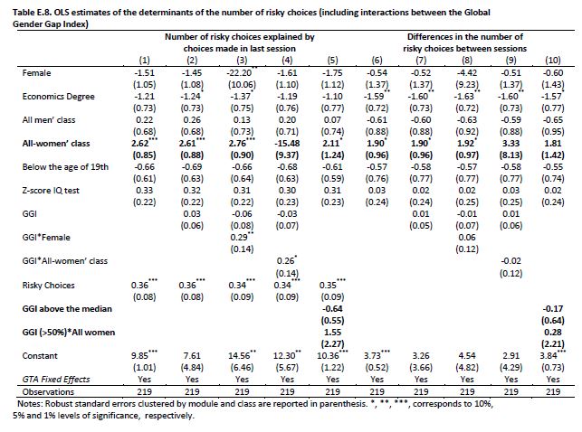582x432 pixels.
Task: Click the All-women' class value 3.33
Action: pyautogui.click(x=510, y=144)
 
